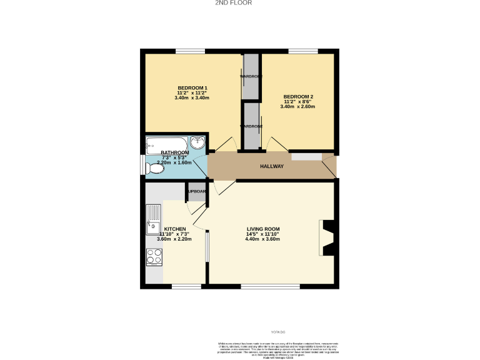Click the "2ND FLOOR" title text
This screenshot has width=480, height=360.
(234, 3)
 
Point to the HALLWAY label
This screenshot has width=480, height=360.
(272, 166)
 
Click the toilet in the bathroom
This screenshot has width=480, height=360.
(154, 168)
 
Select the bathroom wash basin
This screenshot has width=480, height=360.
(199, 142)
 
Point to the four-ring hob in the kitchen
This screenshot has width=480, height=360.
(154, 256)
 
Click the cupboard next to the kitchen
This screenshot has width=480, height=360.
(196, 192)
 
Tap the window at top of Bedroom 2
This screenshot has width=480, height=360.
(303, 51)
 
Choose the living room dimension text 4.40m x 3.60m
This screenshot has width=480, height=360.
(262, 239)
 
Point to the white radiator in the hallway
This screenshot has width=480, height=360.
(306, 156)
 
